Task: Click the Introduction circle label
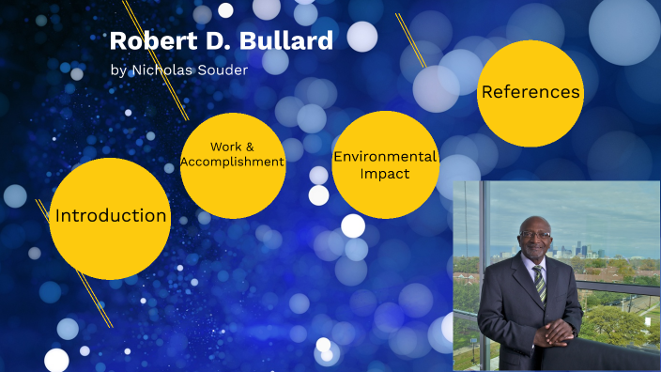click(x=111, y=215)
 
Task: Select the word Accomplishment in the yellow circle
click(x=233, y=162)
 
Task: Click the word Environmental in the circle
click(x=386, y=157)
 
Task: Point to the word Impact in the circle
click(x=386, y=174)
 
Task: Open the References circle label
click(x=530, y=92)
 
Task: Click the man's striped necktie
click(x=540, y=282)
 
